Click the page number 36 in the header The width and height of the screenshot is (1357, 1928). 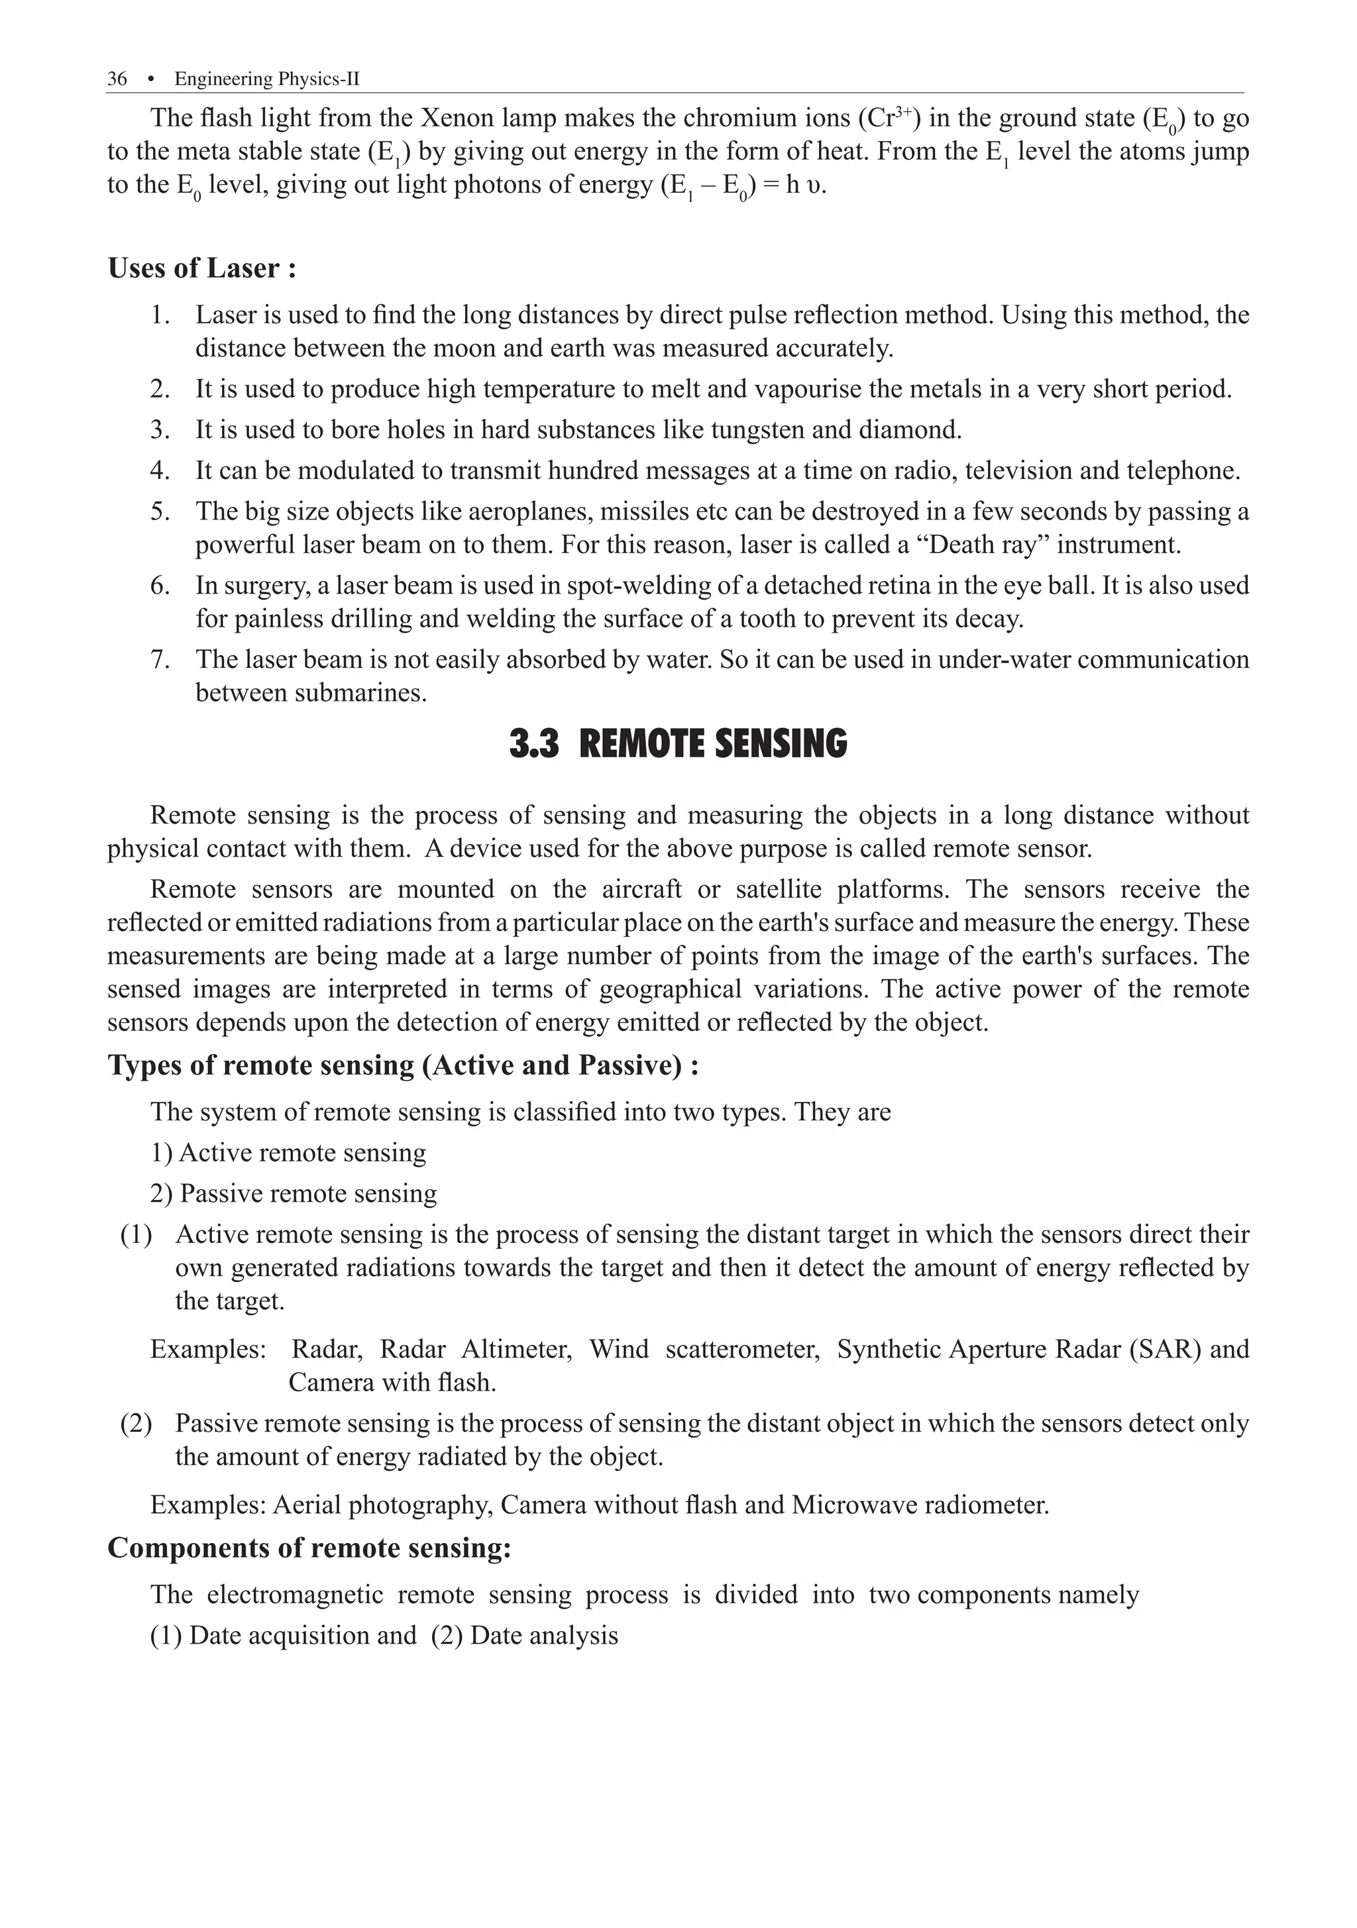117,79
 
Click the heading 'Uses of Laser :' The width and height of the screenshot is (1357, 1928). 201,269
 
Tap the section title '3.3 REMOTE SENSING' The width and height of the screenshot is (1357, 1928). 678,745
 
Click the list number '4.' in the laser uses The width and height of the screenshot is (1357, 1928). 160,470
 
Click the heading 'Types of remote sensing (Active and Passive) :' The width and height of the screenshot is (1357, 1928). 403,1065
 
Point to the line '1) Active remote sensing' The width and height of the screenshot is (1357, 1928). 288,1153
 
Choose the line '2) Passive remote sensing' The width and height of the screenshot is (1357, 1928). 293,1193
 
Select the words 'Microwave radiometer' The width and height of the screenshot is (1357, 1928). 920,1505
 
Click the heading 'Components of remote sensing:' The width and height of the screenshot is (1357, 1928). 309,1548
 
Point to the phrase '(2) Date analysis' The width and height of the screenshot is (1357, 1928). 524,1636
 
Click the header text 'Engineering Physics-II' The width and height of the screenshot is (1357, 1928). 266,79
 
